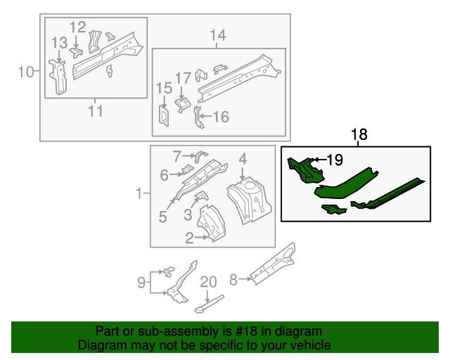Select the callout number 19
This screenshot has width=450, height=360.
tap(334, 160)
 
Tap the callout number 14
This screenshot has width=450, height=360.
tap(218, 35)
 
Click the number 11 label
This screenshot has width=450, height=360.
tap(96, 110)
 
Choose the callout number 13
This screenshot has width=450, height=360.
tap(59, 44)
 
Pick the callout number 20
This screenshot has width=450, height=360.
tap(209, 282)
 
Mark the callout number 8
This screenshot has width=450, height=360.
tap(234, 278)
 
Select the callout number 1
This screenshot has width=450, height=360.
tap(140, 193)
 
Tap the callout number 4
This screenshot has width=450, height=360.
tap(242, 159)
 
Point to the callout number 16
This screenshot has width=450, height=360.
tap(221, 117)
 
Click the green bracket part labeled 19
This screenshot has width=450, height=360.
tap(303, 169)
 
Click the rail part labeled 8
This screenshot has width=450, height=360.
tap(273, 266)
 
